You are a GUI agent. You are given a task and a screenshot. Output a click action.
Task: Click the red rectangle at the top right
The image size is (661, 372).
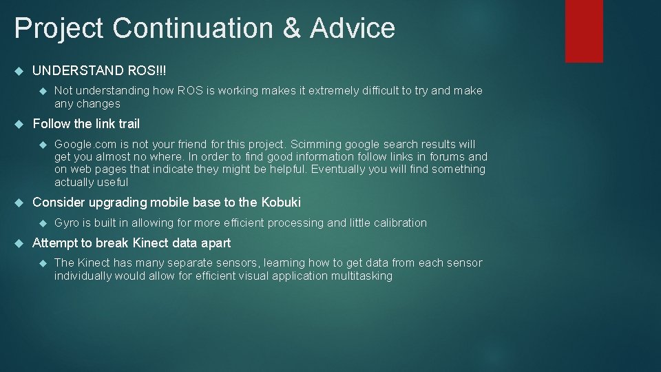pos(584,31)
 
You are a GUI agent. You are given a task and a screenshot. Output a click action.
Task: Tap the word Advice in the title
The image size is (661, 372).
pos(353,28)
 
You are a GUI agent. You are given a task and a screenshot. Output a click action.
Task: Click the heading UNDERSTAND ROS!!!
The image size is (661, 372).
pos(99,71)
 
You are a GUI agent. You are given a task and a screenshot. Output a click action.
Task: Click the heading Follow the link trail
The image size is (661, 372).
pos(86,124)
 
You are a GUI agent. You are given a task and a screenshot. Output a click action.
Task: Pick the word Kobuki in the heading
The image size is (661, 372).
pos(281,203)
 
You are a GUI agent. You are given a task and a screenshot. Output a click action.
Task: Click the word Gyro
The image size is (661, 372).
pos(67,223)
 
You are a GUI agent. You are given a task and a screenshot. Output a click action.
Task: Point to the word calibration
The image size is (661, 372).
pos(400,223)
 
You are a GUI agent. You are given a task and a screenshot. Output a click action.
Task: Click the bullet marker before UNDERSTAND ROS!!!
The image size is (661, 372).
pos(19,71)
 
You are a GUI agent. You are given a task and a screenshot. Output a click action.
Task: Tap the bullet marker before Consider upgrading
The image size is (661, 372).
pos(19,203)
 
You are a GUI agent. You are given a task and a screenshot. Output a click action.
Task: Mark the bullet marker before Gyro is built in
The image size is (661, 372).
pos(42,223)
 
